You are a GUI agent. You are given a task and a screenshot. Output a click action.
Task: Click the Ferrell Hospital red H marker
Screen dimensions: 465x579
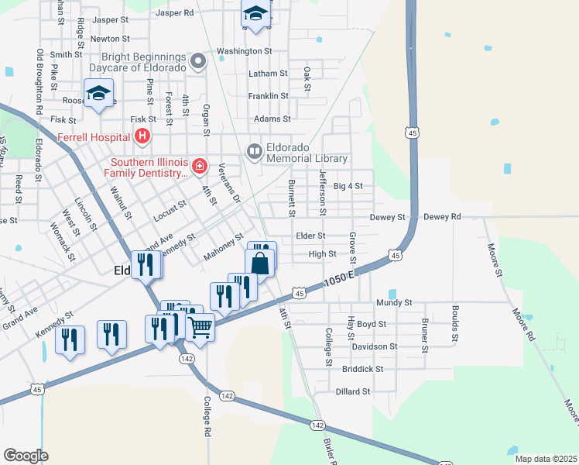click(x=142, y=137)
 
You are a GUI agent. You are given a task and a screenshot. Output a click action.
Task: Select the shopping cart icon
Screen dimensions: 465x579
click(x=200, y=329)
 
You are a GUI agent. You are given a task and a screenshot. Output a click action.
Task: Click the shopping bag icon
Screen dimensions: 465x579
click(x=261, y=263)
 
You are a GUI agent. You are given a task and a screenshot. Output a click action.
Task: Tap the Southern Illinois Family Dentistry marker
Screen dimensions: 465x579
click(x=199, y=166)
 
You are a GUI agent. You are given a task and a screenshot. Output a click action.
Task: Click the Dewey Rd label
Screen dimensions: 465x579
click(x=442, y=217)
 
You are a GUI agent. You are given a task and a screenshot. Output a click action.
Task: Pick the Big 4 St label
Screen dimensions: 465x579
click(x=348, y=186)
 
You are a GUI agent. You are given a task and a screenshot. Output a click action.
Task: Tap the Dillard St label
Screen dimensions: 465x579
click(x=353, y=392)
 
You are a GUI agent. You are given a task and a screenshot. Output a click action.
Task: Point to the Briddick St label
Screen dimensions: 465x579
click(x=363, y=370)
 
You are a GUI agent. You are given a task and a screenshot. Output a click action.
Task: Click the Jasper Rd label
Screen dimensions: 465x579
click(x=174, y=13)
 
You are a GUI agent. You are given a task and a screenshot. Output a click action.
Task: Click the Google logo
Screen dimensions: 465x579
click(x=26, y=455)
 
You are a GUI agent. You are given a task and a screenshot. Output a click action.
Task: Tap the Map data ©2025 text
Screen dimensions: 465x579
click(x=546, y=459)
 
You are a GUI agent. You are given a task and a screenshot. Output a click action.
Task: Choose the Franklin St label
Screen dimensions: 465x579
click(x=268, y=96)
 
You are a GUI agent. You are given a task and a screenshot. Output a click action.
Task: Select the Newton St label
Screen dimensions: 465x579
click(x=109, y=38)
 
